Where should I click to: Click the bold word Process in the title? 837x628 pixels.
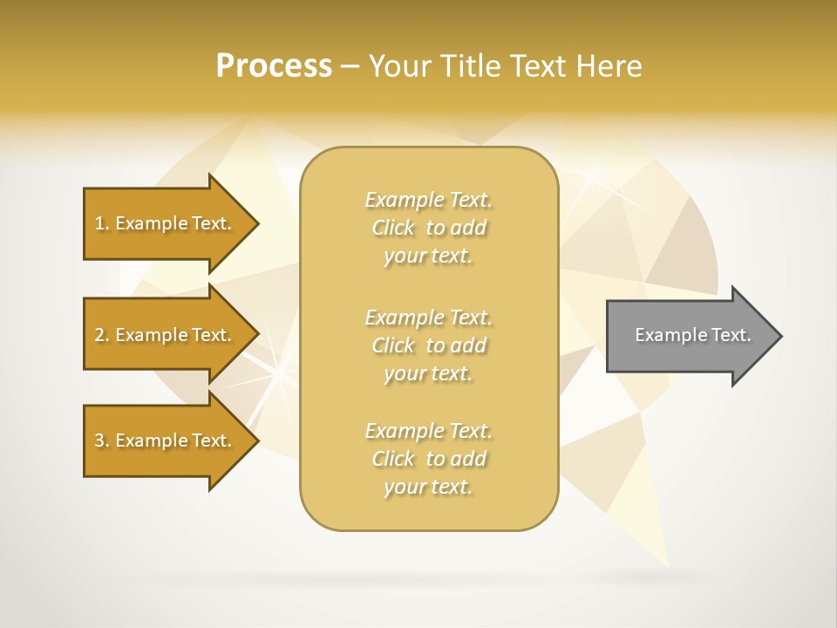[x=274, y=66]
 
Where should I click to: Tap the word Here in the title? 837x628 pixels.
[x=608, y=66]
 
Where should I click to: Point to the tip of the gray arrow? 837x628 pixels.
[x=779, y=336]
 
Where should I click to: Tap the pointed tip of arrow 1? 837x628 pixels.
[x=256, y=223]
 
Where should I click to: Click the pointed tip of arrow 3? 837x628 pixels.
[x=256, y=440]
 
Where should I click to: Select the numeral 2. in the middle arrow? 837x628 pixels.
[x=102, y=335]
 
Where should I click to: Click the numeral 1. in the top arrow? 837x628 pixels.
[x=102, y=223]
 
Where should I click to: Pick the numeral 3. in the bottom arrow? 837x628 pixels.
[x=102, y=440]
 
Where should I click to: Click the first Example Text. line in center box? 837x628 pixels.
[x=428, y=200]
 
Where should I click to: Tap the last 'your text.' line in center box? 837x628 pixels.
[x=428, y=487]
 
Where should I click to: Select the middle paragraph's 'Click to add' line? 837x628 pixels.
[x=428, y=345]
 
